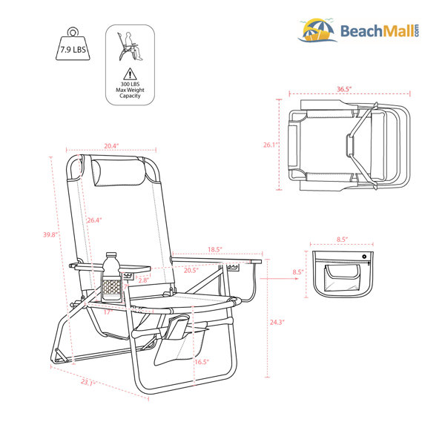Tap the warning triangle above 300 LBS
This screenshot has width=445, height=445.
click(x=130, y=74)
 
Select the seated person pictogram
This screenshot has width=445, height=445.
click(x=130, y=46)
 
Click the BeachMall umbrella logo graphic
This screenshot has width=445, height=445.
click(x=318, y=30)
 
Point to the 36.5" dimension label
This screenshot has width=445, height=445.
click(x=344, y=89)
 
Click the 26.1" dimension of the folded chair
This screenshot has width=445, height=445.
click(x=270, y=145)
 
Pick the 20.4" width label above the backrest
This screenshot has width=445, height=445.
click(x=111, y=146)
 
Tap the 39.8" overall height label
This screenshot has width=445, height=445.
click(x=50, y=234)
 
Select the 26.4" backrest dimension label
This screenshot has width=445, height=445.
click(x=94, y=220)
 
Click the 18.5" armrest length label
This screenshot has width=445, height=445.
click(x=215, y=249)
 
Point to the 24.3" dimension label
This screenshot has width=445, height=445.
click(x=277, y=322)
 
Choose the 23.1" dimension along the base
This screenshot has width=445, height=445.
click(x=88, y=383)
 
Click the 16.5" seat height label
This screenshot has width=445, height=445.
click(x=202, y=362)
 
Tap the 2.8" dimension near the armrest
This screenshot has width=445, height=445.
click(x=143, y=280)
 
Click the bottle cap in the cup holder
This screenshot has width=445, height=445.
click(x=111, y=254)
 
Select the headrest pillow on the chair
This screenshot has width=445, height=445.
click(x=119, y=173)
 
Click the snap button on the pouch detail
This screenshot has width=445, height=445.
click(x=364, y=257)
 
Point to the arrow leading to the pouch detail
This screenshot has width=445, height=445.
click(x=279, y=278)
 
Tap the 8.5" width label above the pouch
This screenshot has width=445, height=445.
click(x=342, y=240)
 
